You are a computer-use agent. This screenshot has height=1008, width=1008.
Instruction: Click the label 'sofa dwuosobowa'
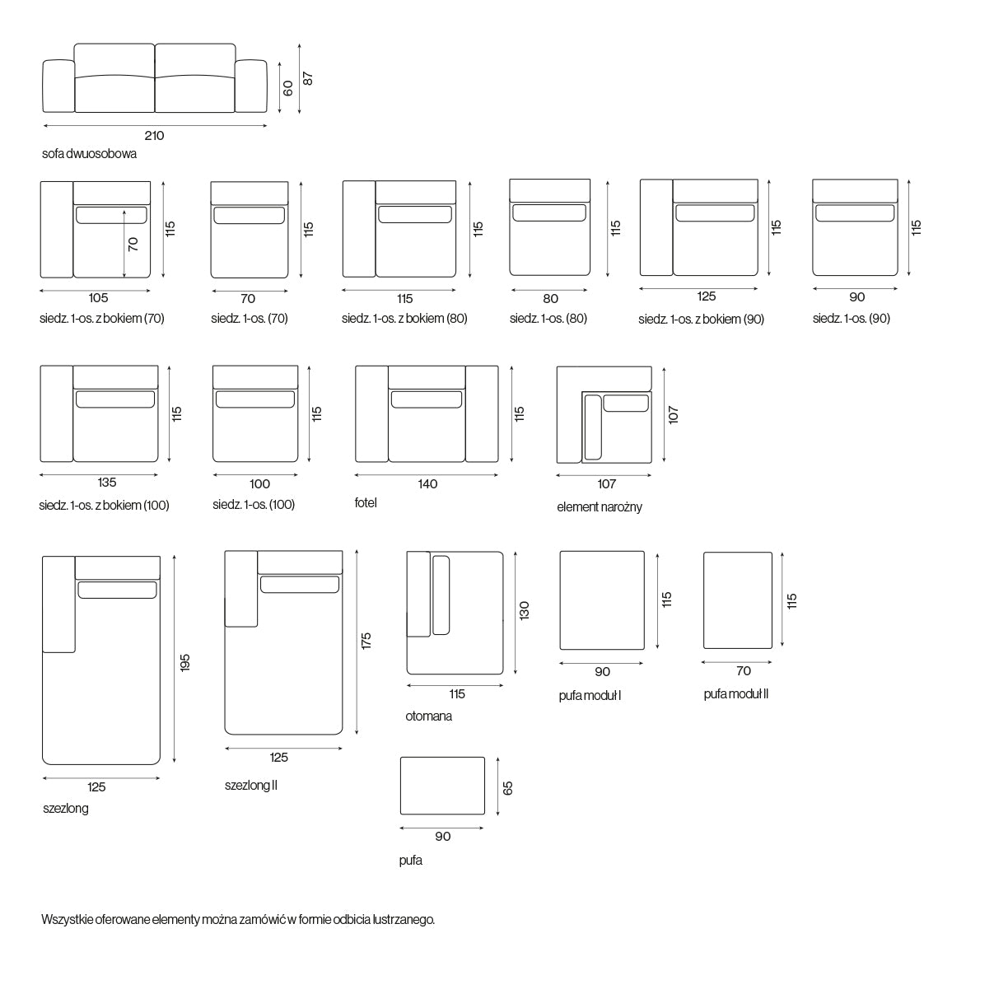click(89, 154)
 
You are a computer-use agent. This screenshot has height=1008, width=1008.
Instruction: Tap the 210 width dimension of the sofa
click(154, 136)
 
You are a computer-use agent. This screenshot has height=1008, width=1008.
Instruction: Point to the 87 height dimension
click(307, 78)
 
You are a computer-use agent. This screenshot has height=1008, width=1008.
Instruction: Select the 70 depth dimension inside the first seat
click(133, 245)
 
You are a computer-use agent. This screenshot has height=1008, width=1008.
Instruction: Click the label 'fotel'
click(366, 502)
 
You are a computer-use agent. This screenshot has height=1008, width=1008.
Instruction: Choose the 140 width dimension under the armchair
click(427, 484)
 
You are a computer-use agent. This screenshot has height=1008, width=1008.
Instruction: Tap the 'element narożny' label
click(599, 506)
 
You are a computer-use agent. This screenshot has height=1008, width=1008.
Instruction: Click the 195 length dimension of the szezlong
click(184, 663)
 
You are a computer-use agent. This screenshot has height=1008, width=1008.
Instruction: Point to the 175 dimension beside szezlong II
click(366, 641)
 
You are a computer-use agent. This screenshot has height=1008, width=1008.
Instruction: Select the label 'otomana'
click(428, 716)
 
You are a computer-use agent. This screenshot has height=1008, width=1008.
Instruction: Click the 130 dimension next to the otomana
click(524, 610)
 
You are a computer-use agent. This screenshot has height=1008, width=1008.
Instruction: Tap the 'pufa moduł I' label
click(590, 696)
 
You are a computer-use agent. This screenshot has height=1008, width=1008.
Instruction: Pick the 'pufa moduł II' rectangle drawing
click(738, 600)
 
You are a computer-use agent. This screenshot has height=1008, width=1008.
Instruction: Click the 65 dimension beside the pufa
click(507, 788)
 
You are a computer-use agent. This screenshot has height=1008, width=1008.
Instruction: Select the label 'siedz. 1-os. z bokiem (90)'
click(701, 319)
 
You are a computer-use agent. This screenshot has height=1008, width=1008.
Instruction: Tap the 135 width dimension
click(107, 483)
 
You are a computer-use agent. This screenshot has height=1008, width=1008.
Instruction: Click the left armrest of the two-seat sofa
click(58, 86)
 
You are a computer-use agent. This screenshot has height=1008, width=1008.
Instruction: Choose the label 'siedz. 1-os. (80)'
click(548, 319)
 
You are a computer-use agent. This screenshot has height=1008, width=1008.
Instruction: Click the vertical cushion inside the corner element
click(593, 427)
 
